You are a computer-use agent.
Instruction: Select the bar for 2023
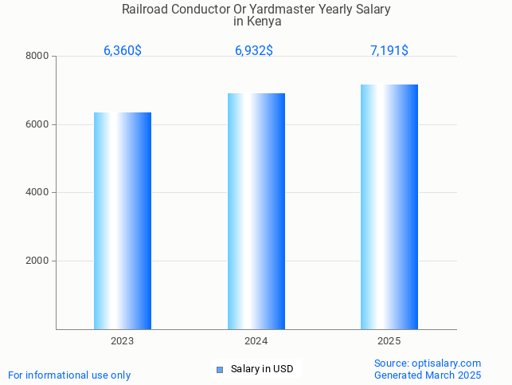point(123,221)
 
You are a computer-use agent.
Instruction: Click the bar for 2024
point(256,211)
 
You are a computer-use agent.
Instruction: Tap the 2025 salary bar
point(389,206)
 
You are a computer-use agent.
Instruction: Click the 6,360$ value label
point(123,51)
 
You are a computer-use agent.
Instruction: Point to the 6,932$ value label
point(254,51)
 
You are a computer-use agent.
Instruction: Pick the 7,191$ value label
point(389,51)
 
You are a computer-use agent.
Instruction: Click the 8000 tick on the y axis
point(37,57)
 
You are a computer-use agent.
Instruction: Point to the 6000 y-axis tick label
point(37,125)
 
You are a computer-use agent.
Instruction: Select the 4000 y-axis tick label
point(37,193)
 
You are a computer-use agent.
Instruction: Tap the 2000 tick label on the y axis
point(37,261)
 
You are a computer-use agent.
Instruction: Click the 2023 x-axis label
point(123,341)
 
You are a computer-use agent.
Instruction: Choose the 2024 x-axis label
point(256,341)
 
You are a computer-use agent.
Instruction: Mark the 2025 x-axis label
point(389,341)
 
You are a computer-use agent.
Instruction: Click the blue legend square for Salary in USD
point(220,369)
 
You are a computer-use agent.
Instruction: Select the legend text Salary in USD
point(262,369)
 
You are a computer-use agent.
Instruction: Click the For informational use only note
point(69,375)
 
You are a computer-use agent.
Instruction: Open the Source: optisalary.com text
point(428,363)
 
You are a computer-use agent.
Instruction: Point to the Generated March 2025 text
point(428,375)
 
